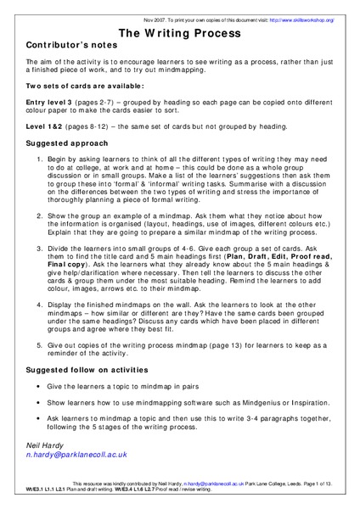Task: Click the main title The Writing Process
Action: click(180, 28)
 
